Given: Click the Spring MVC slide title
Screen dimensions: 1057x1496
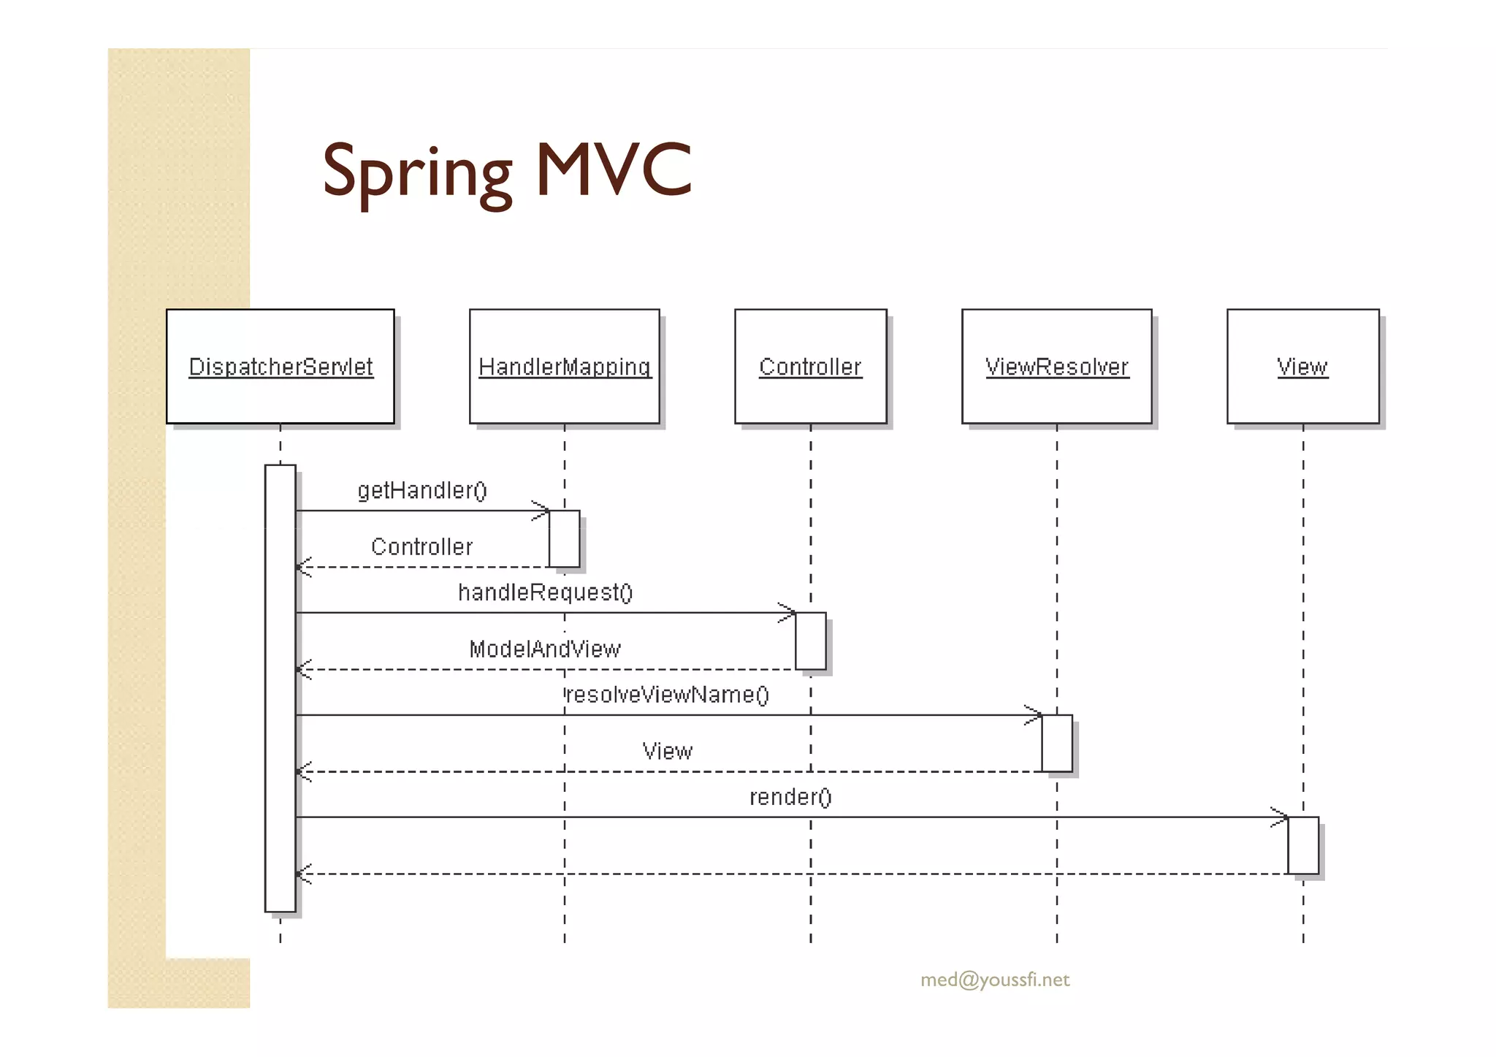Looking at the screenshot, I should [506, 171].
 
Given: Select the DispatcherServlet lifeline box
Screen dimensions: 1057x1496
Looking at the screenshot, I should [280, 367].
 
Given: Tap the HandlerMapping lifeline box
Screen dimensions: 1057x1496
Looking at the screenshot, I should [564, 367].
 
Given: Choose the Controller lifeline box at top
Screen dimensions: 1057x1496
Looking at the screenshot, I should [810, 367].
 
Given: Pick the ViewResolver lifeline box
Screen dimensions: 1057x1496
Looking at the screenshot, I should [1056, 367].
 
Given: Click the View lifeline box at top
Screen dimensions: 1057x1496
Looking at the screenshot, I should [1302, 367].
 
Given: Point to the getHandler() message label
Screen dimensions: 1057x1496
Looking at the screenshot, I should [422, 490].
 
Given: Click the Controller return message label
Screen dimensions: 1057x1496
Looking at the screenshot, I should [421, 546].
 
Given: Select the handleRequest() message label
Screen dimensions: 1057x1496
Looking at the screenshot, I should [545, 592].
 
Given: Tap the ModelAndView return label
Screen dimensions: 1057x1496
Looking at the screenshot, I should [545, 649].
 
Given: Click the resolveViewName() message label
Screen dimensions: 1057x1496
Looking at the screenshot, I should [668, 694].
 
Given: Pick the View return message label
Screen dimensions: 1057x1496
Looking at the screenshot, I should [667, 751].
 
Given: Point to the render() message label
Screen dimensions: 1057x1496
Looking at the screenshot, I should [790, 797].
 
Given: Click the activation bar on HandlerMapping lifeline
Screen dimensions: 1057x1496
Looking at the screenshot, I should [565, 539].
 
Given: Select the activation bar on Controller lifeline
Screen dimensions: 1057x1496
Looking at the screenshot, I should [811, 641].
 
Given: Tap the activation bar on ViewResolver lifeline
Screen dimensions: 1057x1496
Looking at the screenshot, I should [1057, 743].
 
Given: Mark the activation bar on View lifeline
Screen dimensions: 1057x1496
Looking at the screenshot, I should [1303, 845].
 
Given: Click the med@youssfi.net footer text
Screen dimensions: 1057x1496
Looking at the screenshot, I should [995, 980].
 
